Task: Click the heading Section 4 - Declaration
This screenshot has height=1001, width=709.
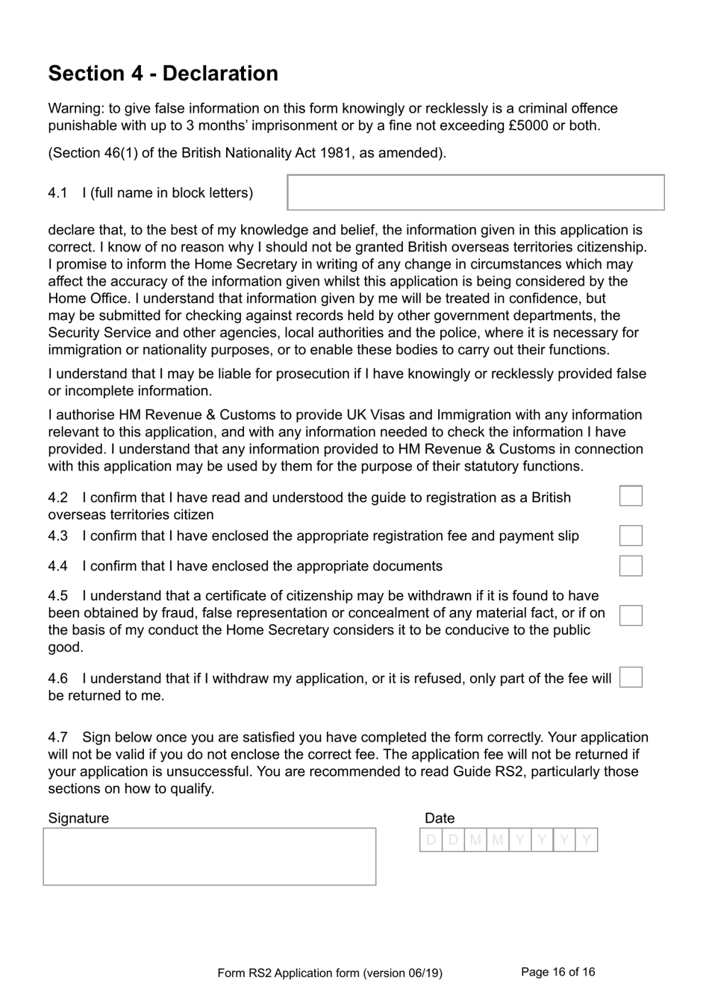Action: tap(163, 73)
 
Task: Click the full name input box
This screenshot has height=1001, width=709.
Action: tap(475, 192)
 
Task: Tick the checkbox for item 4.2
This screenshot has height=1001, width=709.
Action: tap(631, 496)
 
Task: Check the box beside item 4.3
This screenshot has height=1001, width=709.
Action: tap(631, 536)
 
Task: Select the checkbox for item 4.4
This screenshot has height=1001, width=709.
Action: tap(631, 565)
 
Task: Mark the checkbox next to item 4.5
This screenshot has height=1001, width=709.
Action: tap(631, 615)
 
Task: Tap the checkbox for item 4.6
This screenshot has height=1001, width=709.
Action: tap(631, 677)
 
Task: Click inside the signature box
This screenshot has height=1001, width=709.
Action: tap(210, 856)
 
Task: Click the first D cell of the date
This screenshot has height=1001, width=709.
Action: tap(431, 841)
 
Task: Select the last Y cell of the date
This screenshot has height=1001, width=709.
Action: tap(587, 841)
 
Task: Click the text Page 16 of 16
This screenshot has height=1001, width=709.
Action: tap(557, 972)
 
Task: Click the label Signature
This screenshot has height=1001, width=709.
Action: tap(78, 818)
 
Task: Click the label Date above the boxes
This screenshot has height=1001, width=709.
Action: tap(440, 818)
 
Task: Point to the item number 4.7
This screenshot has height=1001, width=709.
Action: tap(57, 737)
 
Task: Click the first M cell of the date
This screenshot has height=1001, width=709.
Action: tap(475, 841)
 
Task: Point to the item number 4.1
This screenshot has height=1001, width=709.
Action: tap(57, 192)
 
